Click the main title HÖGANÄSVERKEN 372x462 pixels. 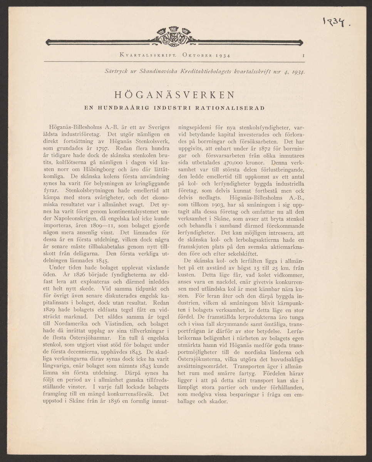pos(174,95)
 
